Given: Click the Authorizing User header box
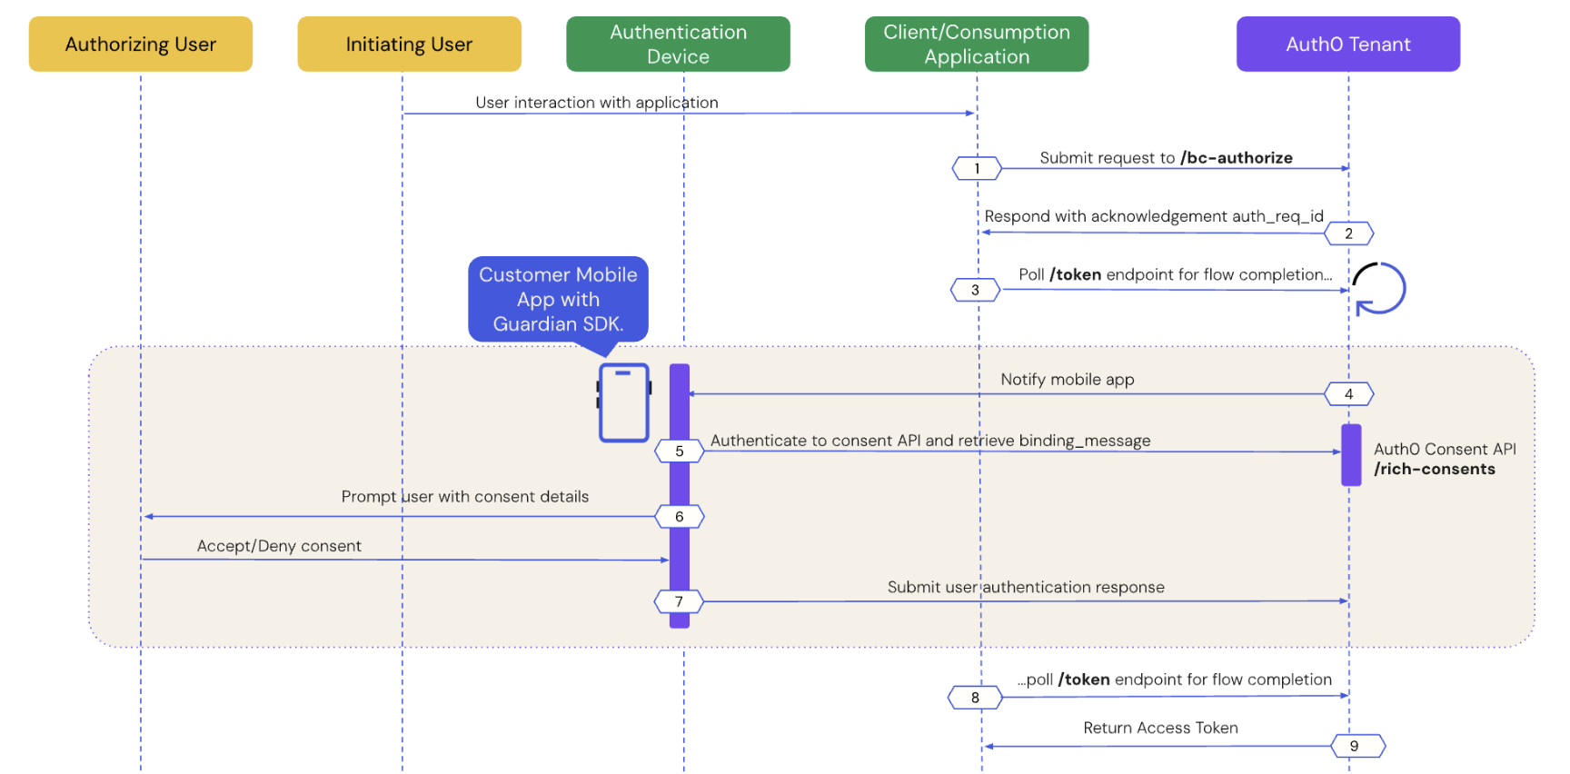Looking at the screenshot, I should [141, 44].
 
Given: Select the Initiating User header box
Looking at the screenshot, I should [409, 44].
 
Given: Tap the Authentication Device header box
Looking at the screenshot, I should [678, 44].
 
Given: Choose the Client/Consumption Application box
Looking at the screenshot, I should [977, 44].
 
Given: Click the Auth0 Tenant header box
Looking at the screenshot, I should [1348, 44].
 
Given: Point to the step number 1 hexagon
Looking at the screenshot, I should [977, 168].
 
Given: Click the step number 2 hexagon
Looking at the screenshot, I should [1348, 233].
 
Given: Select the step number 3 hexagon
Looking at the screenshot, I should [975, 290].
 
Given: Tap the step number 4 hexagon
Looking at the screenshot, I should [1348, 394].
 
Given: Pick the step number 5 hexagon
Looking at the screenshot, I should [679, 451].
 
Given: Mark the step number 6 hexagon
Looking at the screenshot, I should [679, 517].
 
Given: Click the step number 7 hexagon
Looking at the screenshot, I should [679, 601].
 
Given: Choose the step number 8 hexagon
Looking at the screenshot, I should [975, 698].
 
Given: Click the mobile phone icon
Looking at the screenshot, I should [624, 402].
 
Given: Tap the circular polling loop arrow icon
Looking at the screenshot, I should [1379, 289].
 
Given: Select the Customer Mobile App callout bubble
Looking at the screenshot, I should [558, 299].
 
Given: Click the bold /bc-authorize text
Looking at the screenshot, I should [1236, 158].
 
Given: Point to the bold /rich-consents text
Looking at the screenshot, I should [1435, 469].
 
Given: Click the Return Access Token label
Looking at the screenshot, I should [1160, 728].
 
